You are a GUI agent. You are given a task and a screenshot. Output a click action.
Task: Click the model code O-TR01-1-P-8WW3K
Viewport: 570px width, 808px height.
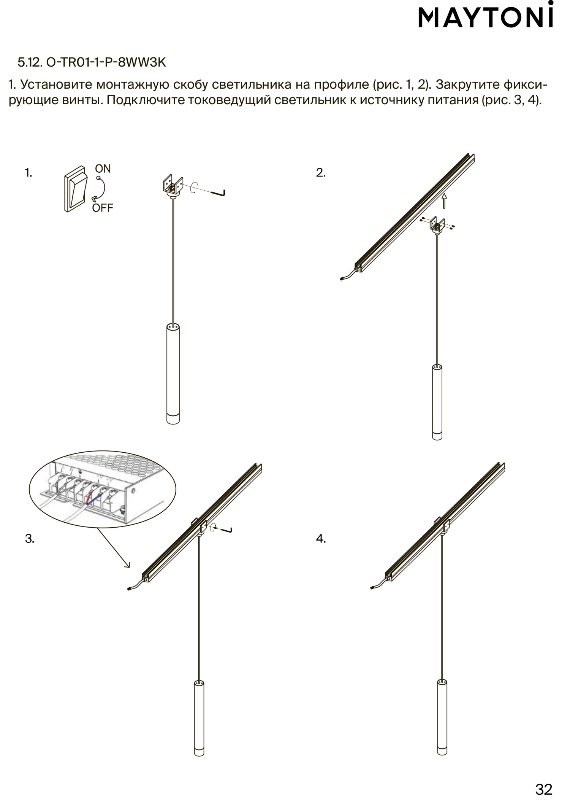click(x=106, y=62)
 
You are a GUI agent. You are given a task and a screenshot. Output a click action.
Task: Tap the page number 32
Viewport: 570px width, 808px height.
click(x=544, y=789)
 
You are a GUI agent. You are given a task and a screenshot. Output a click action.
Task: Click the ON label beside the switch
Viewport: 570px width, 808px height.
click(x=103, y=169)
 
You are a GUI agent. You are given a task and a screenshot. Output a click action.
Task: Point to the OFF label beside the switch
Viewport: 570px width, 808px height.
click(x=103, y=208)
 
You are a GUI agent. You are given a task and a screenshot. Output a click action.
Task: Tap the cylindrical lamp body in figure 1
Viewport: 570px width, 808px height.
click(x=173, y=373)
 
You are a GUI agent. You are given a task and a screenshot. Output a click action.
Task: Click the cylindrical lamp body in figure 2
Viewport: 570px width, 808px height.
click(x=437, y=402)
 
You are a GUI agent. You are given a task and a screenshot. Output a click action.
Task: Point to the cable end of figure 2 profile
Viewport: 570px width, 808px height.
click(x=342, y=280)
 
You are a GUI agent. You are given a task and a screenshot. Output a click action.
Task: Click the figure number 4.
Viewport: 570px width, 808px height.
click(x=321, y=539)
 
